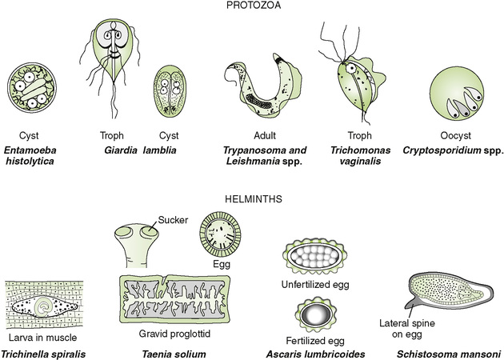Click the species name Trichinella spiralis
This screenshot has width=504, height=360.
pyautogui.click(x=46, y=352)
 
